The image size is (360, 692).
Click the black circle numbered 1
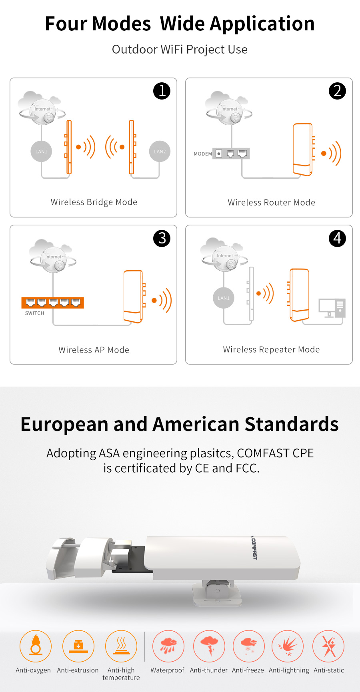tap(162, 91)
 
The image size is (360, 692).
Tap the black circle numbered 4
tap(337, 238)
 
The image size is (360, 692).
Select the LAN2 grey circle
tap(160, 152)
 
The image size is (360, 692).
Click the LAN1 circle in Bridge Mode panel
tap(41, 152)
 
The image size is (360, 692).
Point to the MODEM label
tap(203, 154)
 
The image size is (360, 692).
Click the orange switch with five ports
tap(53, 303)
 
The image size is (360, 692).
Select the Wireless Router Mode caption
tap(272, 202)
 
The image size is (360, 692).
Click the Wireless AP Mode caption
tap(94, 350)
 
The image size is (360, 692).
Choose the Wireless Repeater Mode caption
tap(272, 349)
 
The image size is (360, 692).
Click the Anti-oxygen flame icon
tap(36, 646)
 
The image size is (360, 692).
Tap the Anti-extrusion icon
tap(78, 646)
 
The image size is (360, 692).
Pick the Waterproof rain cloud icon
tap(168, 646)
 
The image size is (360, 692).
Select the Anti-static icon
tap(328, 646)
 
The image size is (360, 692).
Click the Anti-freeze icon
tap(249, 646)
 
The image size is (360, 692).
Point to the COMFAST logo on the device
tap(254, 548)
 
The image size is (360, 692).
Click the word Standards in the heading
tap(292, 424)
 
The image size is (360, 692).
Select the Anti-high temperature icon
tap(121, 646)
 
